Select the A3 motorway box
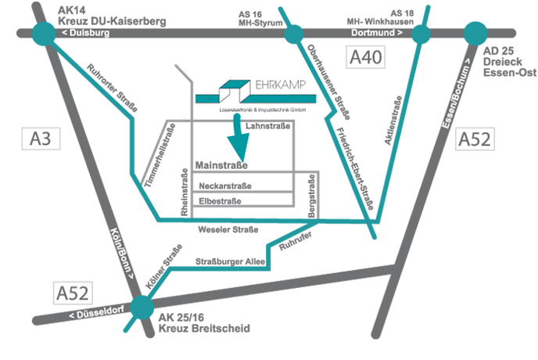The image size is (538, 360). tap(41, 139)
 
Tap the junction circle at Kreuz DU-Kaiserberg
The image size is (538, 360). tap(45, 34)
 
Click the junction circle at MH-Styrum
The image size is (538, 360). tap(294, 34)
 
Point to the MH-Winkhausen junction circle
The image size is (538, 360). tap(421, 34)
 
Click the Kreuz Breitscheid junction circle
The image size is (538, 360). tap(142, 307)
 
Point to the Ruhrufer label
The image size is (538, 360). tap(295, 241)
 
